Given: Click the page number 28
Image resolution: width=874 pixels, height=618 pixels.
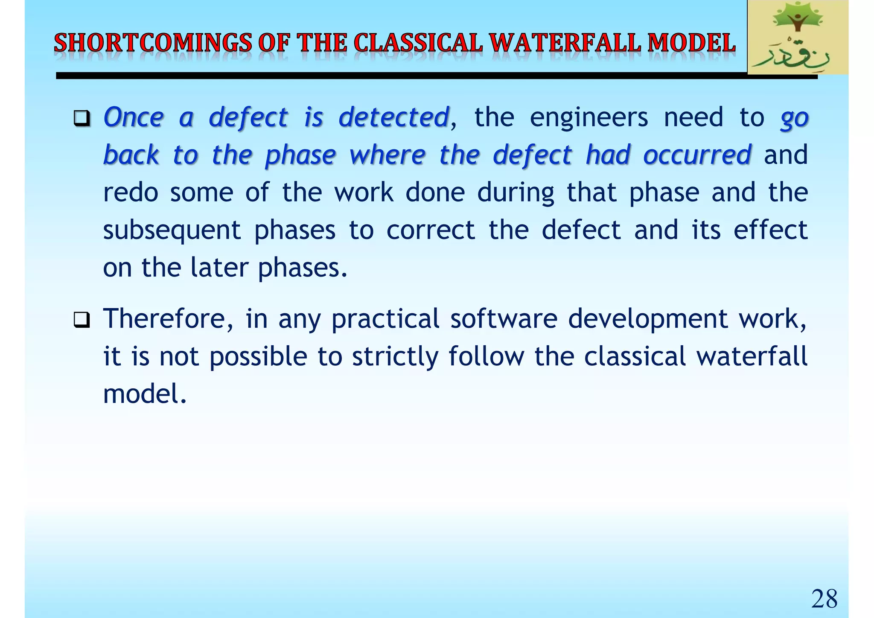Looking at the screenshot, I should [824, 599].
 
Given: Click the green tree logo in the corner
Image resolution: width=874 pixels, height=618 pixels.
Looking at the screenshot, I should [797, 38].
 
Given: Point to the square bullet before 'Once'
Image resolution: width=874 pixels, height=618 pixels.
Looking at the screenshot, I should [81, 118].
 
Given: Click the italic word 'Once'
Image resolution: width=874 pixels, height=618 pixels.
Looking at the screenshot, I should [134, 117].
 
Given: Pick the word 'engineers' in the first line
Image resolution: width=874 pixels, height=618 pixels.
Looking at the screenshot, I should [588, 117].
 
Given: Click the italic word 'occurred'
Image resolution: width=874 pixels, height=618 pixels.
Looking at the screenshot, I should [697, 154].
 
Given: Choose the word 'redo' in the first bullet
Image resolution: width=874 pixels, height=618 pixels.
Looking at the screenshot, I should [131, 192].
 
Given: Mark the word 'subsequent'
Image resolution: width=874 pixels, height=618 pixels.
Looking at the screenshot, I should [172, 230].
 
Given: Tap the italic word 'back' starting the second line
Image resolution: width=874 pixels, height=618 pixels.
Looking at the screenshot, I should [131, 154].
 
